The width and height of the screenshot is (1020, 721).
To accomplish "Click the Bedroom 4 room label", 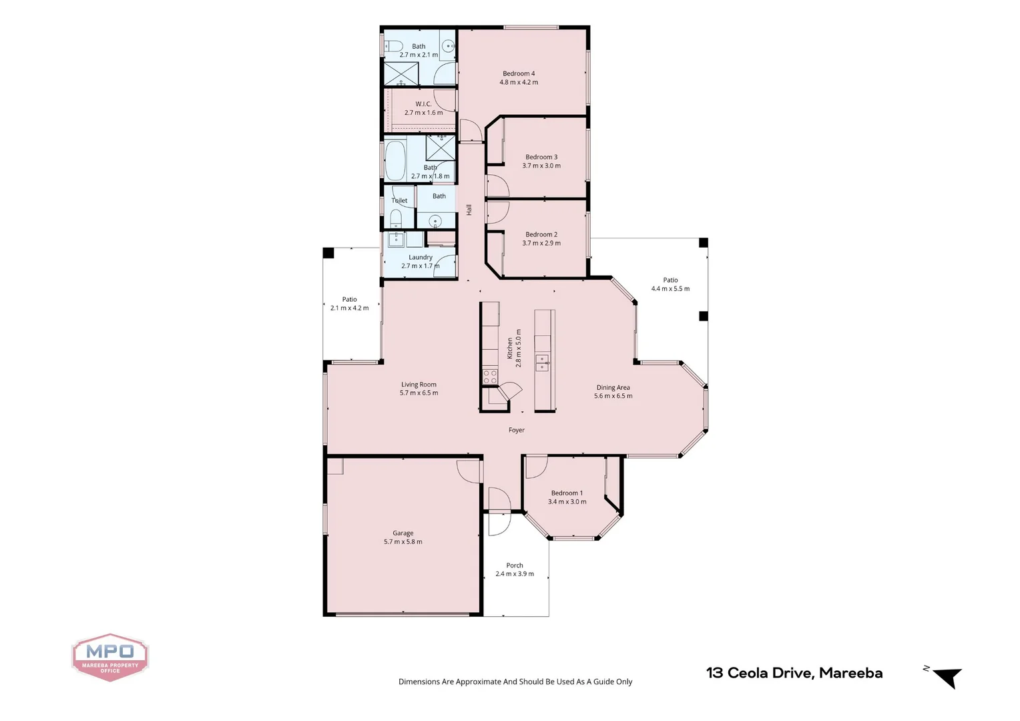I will (519, 73).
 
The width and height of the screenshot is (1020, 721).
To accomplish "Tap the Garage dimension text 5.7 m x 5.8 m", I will (403, 542).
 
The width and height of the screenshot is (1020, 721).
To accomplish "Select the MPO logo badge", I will (110, 657).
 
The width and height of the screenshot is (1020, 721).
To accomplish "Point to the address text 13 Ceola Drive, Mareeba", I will (794, 673).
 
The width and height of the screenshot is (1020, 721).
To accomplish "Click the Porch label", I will (515, 565).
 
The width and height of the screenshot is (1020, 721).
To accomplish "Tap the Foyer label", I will (517, 431).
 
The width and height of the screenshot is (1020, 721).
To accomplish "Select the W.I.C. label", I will (423, 104).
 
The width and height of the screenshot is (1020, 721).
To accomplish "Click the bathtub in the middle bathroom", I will (395, 160).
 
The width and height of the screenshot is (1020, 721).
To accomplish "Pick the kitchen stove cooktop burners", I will (491, 376).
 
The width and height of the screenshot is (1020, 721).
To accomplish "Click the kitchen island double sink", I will (543, 363).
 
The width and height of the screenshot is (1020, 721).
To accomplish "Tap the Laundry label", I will (421, 257).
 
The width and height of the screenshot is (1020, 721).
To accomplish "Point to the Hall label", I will (469, 210).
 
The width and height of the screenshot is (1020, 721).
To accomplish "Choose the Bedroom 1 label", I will (567, 493).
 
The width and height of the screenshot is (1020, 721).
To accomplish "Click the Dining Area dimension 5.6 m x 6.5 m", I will (613, 396).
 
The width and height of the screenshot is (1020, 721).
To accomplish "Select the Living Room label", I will (419, 385).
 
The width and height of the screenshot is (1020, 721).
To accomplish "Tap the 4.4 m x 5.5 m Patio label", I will (670, 280).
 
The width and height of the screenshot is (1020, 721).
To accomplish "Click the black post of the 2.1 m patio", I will (328, 253).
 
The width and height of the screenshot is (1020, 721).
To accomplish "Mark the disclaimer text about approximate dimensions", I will (515, 682).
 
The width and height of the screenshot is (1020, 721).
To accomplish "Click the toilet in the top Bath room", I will (394, 46).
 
